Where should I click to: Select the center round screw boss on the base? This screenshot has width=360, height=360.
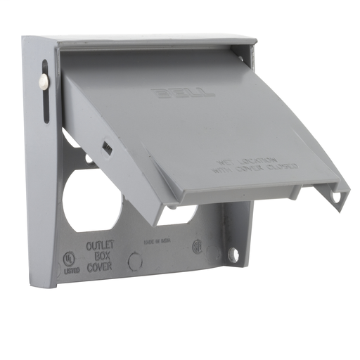pyautogui.click(x=135, y=261)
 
